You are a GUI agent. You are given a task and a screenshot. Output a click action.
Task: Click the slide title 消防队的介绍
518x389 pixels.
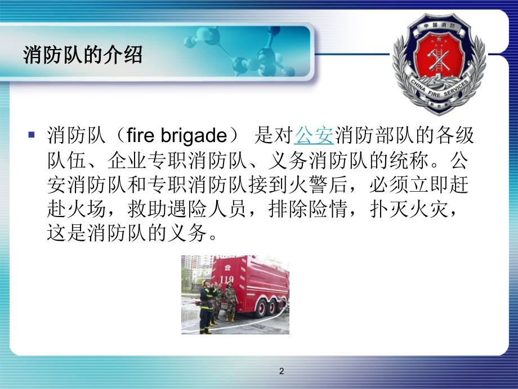(83, 56)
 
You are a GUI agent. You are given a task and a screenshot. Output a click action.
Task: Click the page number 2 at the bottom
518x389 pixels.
(282, 371)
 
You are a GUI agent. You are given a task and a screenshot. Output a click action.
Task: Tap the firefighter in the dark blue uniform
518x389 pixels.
(206, 304)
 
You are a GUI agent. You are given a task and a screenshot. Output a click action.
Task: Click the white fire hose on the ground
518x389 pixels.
(265, 318)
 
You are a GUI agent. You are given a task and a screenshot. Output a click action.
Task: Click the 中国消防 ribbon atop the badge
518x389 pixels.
(439, 25)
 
